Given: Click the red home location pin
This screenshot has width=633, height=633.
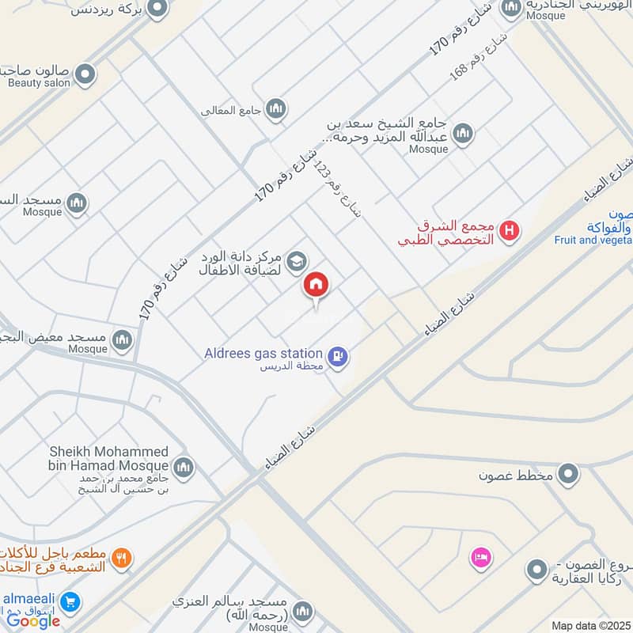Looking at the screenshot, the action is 316,285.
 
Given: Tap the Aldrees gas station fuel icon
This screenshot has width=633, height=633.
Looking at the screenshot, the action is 338,357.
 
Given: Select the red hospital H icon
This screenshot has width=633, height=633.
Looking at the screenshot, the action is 511,231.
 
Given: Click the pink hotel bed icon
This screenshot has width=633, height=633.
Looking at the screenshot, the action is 480,559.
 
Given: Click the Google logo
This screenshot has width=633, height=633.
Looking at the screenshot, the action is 33,620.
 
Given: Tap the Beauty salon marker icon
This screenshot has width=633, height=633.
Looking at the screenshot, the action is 86,75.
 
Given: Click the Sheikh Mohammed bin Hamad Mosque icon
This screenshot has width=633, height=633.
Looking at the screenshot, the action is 184,468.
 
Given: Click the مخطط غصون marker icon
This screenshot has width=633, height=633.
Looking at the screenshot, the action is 567,475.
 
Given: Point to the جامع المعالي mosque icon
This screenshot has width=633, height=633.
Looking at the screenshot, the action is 275,109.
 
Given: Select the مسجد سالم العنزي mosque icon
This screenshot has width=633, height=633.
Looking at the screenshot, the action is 302,612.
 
